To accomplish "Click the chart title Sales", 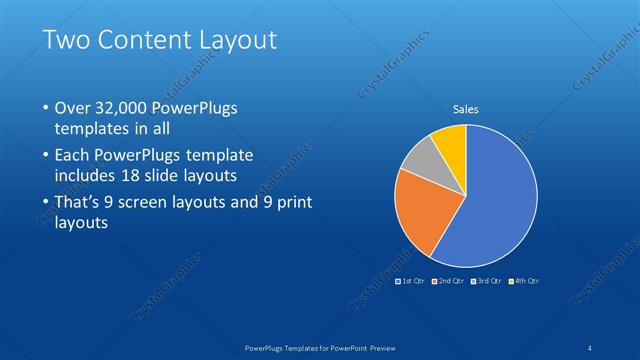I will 466,107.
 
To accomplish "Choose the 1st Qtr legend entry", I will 414,281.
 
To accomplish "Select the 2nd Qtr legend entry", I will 452,281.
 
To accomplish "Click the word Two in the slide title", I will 68,41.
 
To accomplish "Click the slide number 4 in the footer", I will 592,348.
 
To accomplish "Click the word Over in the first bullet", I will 74,108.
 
